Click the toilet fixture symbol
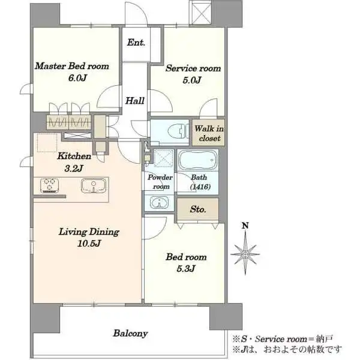click(x=177, y=131)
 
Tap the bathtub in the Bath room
click(x=197, y=160)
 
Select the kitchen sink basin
click(x=94, y=186)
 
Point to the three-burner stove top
click(x=49, y=185)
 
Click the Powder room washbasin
click(x=159, y=203)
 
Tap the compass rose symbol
click(x=245, y=254)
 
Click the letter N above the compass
click(x=245, y=226)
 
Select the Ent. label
click(x=136, y=43)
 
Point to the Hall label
click(x=135, y=101)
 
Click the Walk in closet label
click(x=209, y=133)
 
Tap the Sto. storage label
click(x=198, y=209)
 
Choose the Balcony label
click(x=130, y=334)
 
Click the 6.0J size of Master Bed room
click(x=77, y=78)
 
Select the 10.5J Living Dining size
click(x=89, y=244)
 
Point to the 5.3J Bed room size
click(x=186, y=268)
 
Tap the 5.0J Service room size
click(x=192, y=80)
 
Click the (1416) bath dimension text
click(x=200, y=187)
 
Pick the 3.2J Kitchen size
click(x=74, y=169)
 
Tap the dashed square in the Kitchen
click(x=47, y=143)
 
